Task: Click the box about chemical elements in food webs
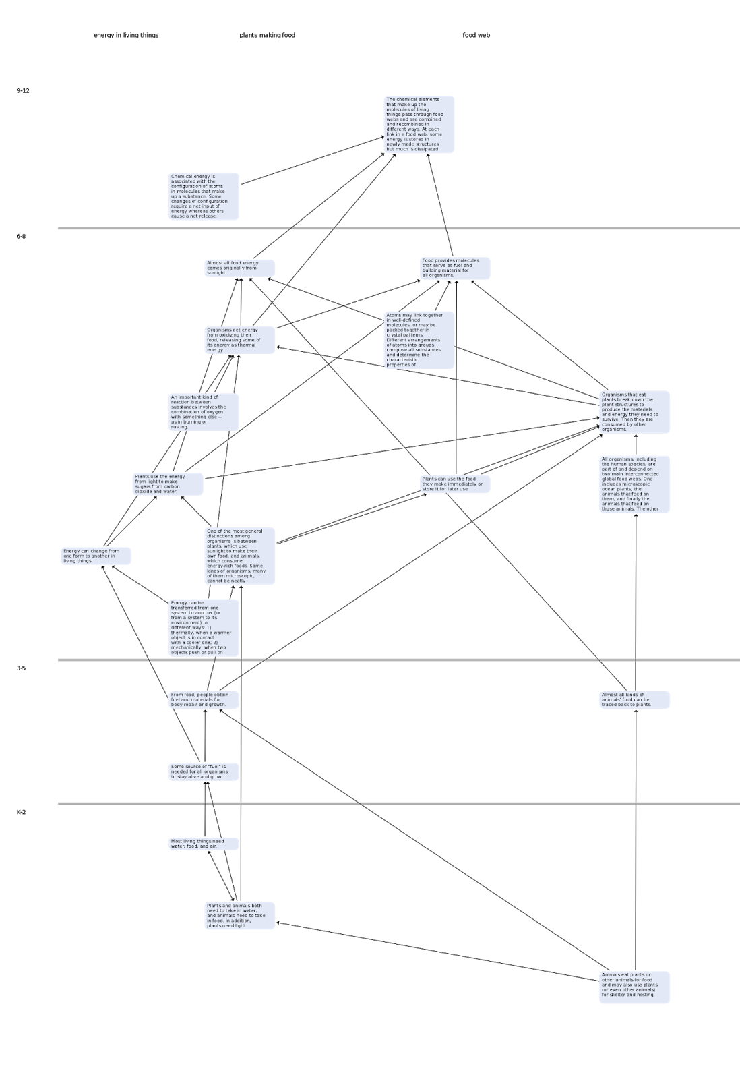coord(419,125)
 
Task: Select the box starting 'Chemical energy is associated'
coord(203,196)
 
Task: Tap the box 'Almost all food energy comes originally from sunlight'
coord(239,268)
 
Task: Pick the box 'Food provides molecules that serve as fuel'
coord(455,268)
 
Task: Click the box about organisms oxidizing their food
coord(239,340)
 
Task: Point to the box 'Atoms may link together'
coord(419,340)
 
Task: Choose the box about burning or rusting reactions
coord(203,412)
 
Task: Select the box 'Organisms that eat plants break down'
coord(634,412)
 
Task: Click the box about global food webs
coord(634,484)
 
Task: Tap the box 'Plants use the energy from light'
coord(167,484)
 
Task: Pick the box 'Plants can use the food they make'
coord(455,484)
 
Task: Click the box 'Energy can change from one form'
coord(96,556)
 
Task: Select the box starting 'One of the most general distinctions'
coord(239,556)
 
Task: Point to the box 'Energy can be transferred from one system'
coord(203,628)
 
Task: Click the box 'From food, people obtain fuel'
coord(203,700)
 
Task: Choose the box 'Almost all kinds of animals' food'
coord(634,700)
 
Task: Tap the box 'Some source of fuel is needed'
coord(203,771)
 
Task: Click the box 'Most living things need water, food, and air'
coord(203,844)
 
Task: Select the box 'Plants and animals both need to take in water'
coord(239,916)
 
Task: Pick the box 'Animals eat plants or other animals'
coord(634,987)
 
